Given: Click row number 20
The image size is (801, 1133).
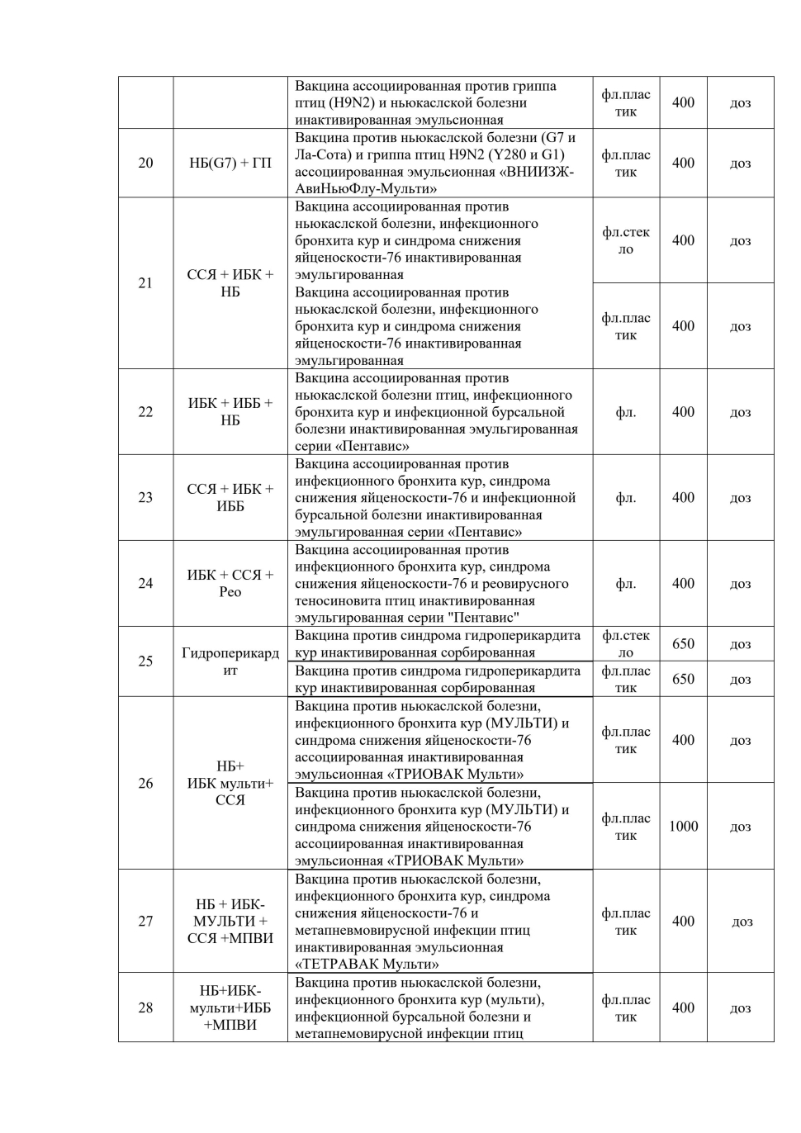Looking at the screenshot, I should point(145,163).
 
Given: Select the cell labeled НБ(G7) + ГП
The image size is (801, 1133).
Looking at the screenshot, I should point(230,163).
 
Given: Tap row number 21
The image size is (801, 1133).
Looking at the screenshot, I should point(145,283).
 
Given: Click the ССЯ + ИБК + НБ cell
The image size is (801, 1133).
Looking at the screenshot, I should point(230,283).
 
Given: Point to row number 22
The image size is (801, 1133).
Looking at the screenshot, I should point(145,412).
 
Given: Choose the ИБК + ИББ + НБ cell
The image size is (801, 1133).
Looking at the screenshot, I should point(230,412).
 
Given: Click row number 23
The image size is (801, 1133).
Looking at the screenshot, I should point(145,497).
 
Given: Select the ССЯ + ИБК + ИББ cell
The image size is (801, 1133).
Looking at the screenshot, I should point(230,497).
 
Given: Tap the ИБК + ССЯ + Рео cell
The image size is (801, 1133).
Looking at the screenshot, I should point(230,583).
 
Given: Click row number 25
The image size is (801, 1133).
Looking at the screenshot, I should point(145,661).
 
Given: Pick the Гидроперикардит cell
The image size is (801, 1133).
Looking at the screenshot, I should point(230,661).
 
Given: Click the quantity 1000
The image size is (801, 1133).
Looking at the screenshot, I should point(683,827).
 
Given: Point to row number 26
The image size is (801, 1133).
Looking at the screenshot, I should point(145,783).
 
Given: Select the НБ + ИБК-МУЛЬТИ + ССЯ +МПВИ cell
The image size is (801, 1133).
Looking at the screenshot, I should point(230,921).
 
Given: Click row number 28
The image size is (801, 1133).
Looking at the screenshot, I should point(145,1007).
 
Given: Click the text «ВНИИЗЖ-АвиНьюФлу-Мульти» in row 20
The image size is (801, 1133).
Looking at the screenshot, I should point(435,180).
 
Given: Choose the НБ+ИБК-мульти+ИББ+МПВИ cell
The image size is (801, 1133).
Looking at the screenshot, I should point(230,1007).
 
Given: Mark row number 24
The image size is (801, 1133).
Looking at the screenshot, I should point(145,583).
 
